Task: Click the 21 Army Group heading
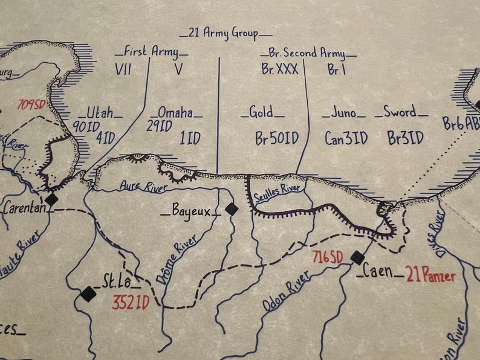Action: point(226,33)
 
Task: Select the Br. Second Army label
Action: point(310,53)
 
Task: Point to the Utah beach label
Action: point(100,112)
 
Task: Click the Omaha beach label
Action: point(175,112)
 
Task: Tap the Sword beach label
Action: point(400,112)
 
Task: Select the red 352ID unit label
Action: point(130,301)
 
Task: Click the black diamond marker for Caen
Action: point(357,258)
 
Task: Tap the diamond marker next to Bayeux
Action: point(232,209)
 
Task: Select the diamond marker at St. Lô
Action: point(89,294)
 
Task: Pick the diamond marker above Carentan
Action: point(51,199)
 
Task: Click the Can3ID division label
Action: point(346,138)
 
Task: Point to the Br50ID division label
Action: point(276,138)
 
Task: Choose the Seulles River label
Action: point(277,196)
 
